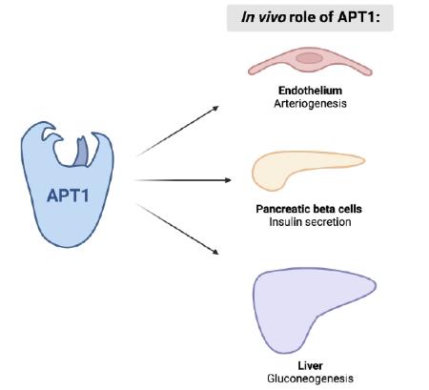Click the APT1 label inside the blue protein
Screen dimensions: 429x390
(68, 195)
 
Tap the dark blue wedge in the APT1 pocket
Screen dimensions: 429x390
(81, 153)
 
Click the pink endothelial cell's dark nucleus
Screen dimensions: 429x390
(309, 58)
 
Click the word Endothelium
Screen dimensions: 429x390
(310, 91)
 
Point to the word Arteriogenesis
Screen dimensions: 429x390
(310, 104)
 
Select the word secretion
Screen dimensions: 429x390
(327, 222)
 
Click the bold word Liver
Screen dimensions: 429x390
(310, 365)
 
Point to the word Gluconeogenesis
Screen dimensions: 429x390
(310, 379)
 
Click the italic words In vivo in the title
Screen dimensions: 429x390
(263, 17)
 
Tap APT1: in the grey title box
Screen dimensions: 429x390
(358, 17)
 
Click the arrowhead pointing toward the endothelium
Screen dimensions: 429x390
(215, 109)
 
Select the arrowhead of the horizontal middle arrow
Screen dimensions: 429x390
(228, 180)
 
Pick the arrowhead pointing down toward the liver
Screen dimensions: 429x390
(215, 252)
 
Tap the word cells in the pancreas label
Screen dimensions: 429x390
(350, 209)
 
